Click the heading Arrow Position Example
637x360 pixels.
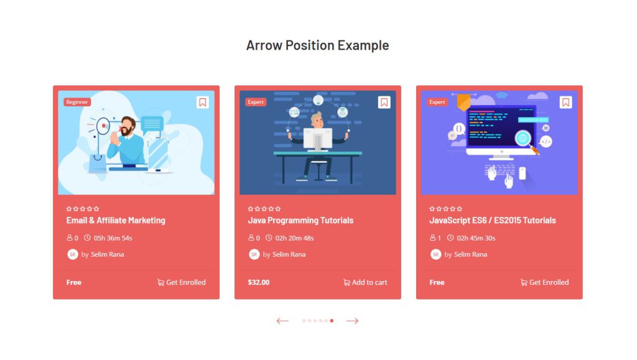[x=317, y=45]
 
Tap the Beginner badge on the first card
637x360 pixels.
[x=77, y=102]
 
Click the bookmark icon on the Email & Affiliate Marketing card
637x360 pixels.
[x=202, y=103]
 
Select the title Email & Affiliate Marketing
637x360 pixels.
[x=116, y=220]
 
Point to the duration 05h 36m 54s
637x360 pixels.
[x=113, y=238]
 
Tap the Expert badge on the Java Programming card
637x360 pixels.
[x=256, y=102]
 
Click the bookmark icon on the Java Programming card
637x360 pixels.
[x=384, y=103]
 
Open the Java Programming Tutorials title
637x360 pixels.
[x=300, y=220]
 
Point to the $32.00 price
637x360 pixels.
[x=259, y=282]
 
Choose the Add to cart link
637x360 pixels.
[x=365, y=282]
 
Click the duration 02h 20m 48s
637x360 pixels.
[x=294, y=238]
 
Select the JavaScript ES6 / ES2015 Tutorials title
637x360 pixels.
[x=493, y=220]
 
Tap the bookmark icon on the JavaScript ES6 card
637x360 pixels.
[x=565, y=103]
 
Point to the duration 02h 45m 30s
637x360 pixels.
[x=476, y=238]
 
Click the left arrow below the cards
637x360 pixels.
[x=282, y=321]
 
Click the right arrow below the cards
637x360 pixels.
[x=353, y=321]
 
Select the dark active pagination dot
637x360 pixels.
[x=332, y=321]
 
